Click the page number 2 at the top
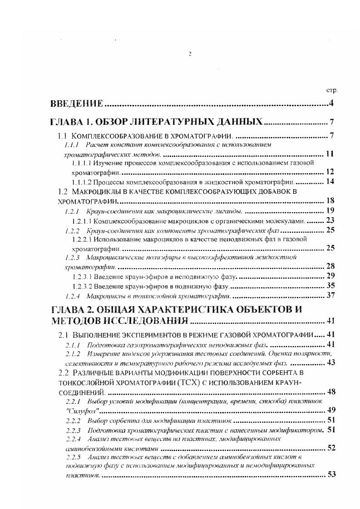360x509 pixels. pyautogui.click(x=190, y=54)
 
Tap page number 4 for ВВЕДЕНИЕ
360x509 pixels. pyautogui.click(x=331, y=104)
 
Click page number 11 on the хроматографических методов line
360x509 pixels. pyautogui.click(x=330, y=154)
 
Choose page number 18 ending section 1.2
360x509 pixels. pyautogui.click(x=330, y=201)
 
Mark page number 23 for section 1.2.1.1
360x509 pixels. pyautogui.click(x=330, y=220)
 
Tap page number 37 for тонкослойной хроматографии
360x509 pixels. pyautogui.click(x=330, y=296)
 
